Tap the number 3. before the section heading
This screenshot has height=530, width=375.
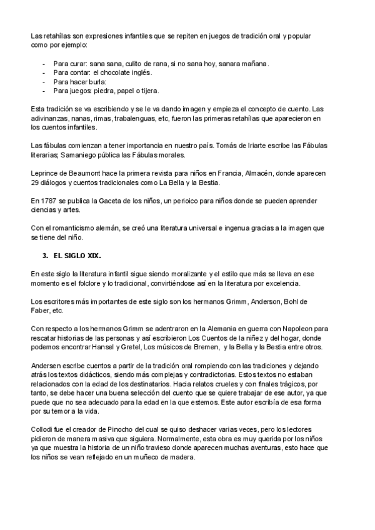pos(45,256)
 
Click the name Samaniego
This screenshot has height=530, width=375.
pos(81,155)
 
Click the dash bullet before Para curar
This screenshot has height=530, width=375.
pos(43,63)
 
